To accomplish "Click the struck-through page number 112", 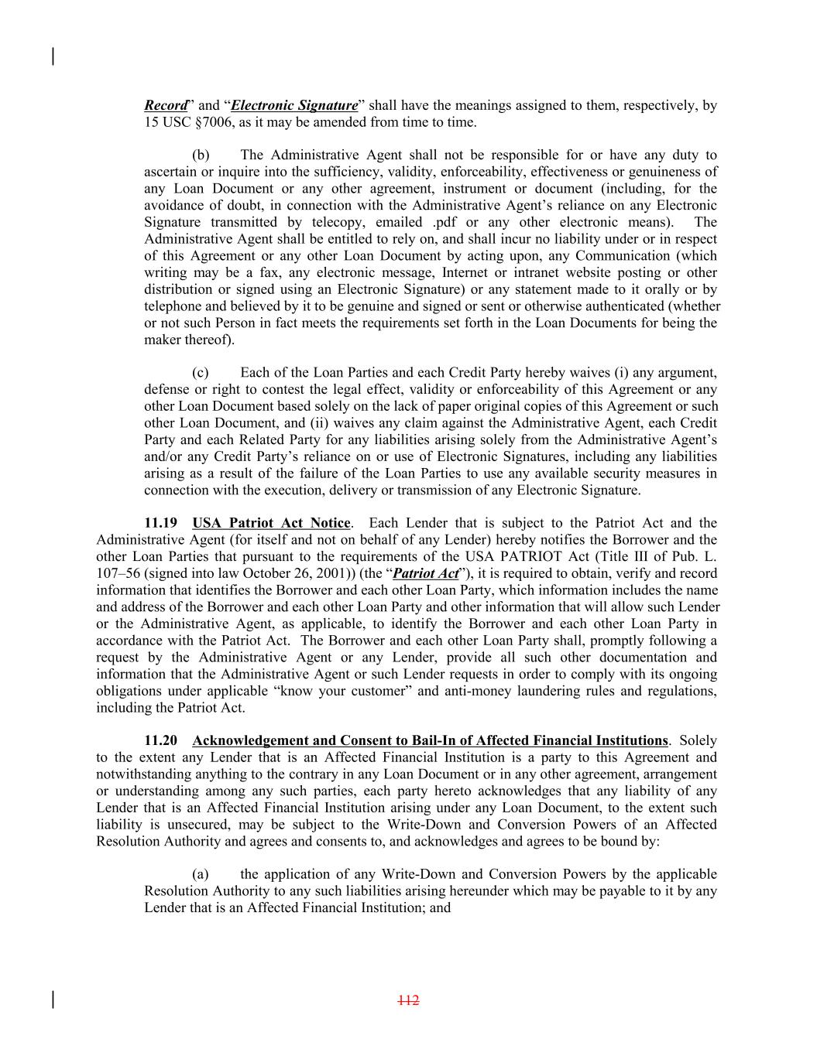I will pyautogui.click(x=408, y=1000).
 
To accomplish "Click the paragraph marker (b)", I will pyautogui.click(x=201, y=155).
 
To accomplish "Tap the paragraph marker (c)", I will pyautogui.click(x=200, y=373).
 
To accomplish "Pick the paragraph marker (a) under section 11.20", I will pyautogui.click(x=200, y=874).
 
